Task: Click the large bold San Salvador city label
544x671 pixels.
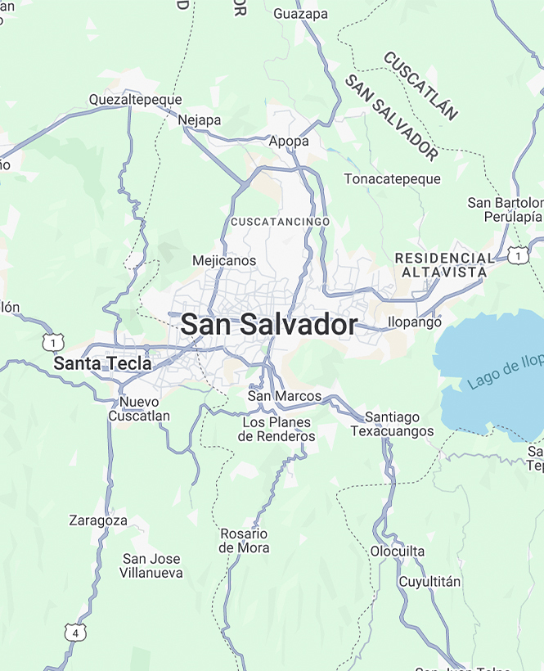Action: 268,325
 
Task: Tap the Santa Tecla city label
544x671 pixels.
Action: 102,363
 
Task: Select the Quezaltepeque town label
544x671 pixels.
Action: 135,100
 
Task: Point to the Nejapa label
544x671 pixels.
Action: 200,120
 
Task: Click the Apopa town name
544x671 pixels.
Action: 289,142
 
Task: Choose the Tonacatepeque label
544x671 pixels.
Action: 392,178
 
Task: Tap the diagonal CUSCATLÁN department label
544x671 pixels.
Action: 420,86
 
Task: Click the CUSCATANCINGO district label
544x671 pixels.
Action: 280,222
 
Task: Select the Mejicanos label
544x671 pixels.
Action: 223,261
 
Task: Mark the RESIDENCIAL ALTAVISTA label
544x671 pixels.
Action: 444,264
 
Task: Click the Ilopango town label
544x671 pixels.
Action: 414,322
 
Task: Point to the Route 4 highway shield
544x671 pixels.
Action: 75,633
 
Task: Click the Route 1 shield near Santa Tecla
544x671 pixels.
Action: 52,340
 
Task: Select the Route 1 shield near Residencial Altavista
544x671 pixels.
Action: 517,255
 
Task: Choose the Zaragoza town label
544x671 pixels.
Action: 98,520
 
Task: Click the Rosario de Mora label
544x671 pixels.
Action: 244,541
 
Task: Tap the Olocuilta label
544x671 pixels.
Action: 398,552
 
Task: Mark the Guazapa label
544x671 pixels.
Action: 300,14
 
